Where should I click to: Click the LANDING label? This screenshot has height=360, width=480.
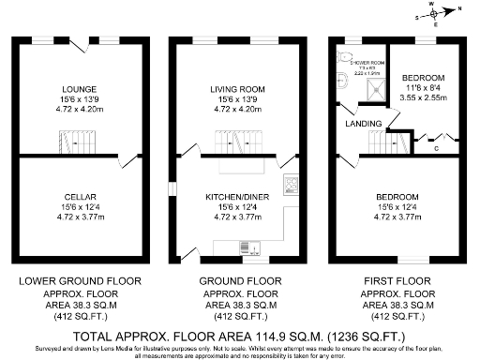[x=363, y=124]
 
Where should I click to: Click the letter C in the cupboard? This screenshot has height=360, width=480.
[x=437, y=148]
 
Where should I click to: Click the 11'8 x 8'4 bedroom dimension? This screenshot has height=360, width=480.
[x=423, y=86]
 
